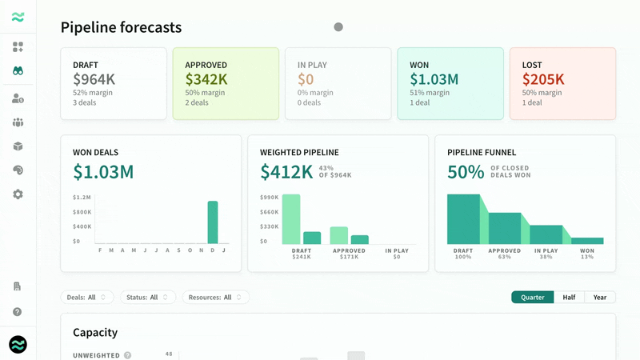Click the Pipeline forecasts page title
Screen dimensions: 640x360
point(121,27)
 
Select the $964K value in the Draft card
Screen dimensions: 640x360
point(94,78)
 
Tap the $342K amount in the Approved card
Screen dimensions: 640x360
point(206,78)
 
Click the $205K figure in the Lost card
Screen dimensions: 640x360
point(543,78)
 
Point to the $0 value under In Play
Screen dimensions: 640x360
point(306,78)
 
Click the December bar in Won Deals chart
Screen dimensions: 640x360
point(213,222)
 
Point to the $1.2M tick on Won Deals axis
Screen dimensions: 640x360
point(82,197)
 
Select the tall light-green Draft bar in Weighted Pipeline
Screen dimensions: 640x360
point(291,219)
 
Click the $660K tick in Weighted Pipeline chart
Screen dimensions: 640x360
point(269,212)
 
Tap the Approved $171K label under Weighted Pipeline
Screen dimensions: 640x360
point(349,254)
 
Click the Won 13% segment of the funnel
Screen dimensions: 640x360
point(587,241)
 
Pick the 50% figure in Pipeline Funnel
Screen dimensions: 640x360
point(466,172)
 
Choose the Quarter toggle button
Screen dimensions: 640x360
point(532,297)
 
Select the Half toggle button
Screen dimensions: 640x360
point(569,297)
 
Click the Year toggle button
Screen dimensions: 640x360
point(600,297)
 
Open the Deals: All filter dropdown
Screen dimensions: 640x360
point(87,297)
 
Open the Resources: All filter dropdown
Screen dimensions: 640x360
point(215,297)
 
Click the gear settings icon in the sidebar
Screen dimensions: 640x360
point(18,194)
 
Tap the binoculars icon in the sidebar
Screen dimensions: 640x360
point(18,71)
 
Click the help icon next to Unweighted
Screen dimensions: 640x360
point(128,355)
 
